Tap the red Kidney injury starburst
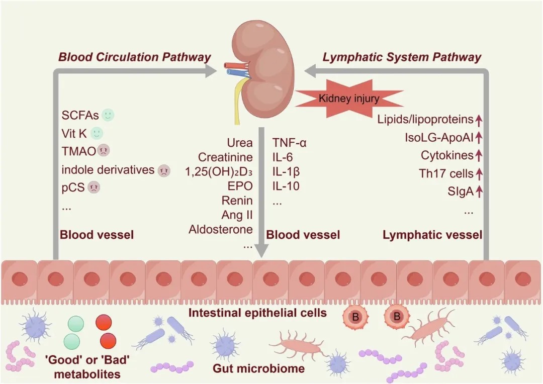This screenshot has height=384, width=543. pyautogui.click(x=349, y=99)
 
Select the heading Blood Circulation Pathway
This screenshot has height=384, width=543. pyautogui.click(x=134, y=57)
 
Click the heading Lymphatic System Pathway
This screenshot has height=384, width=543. pyautogui.click(x=401, y=57)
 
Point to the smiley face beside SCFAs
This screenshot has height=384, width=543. pyautogui.click(x=108, y=115)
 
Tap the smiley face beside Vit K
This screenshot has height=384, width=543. pyautogui.click(x=97, y=133)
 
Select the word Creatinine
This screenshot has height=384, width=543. pyautogui.click(x=225, y=157)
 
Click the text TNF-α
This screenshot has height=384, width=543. pyautogui.click(x=290, y=143)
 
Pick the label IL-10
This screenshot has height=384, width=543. pyautogui.click(x=286, y=186)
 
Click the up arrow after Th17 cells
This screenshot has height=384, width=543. pyautogui.click(x=479, y=174)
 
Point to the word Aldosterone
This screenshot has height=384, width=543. pyautogui.click(x=221, y=229)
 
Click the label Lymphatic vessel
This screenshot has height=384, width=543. pyautogui.click(x=432, y=235)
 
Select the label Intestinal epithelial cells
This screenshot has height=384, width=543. pyautogui.click(x=257, y=313)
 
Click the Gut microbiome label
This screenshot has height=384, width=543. pyautogui.click(x=259, y=368)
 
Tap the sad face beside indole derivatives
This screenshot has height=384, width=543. pyautogui.click(x=164, y=170)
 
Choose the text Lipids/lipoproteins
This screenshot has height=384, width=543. pyautogui.click(x=425, y=120)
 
